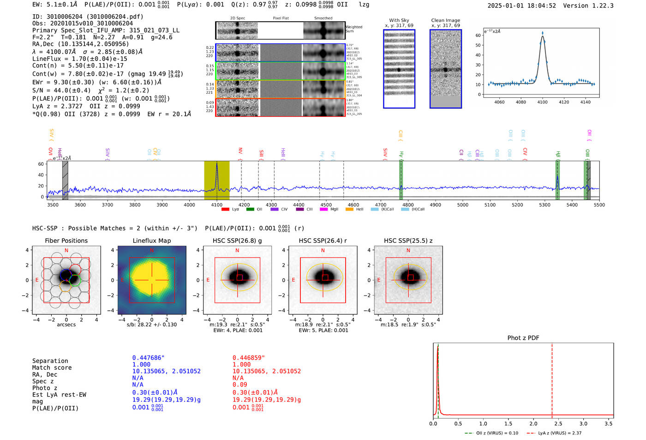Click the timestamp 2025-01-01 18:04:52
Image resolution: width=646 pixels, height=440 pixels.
click(521, 6)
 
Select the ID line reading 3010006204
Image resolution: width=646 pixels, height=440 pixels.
click(88, 17)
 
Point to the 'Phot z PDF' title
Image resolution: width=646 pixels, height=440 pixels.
click(523, 338)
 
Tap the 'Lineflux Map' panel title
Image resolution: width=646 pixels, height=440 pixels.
click(151, 241)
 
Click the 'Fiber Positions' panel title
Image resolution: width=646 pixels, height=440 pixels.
click(66, 241)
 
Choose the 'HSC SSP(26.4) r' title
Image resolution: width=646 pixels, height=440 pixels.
click(323, 241)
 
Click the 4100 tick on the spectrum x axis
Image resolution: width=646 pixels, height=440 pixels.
click(217, 205)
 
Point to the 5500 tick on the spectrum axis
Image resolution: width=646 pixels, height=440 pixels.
click(599, 205)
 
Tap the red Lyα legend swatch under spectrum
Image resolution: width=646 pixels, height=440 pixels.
click(225, 209)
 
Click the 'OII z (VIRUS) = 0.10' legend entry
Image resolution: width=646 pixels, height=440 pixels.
click(492, 433)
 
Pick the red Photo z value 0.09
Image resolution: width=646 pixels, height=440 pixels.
click(239, 385)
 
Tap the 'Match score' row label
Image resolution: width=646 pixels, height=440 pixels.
click(52, 368)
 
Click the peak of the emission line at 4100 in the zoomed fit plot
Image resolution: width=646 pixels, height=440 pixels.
click(542, 33)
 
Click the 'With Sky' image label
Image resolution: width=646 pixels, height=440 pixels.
click(399, 20)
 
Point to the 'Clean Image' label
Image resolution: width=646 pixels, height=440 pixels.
click(445, 20)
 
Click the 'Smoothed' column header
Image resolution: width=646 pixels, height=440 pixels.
click(323, 18)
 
